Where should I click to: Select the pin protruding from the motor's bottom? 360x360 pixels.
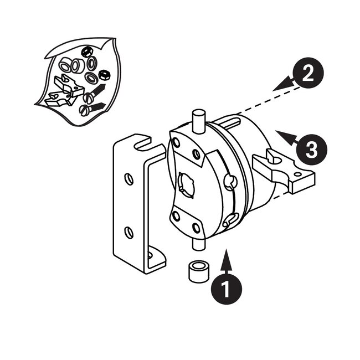[x=198, y=243]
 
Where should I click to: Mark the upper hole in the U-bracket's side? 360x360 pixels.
[x=128, y=179]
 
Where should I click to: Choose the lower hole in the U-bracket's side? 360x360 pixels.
[x=128, y=232]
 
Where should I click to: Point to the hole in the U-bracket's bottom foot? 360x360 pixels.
[x=151, y=255]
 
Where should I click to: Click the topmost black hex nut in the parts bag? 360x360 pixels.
[x=86, y=52]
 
